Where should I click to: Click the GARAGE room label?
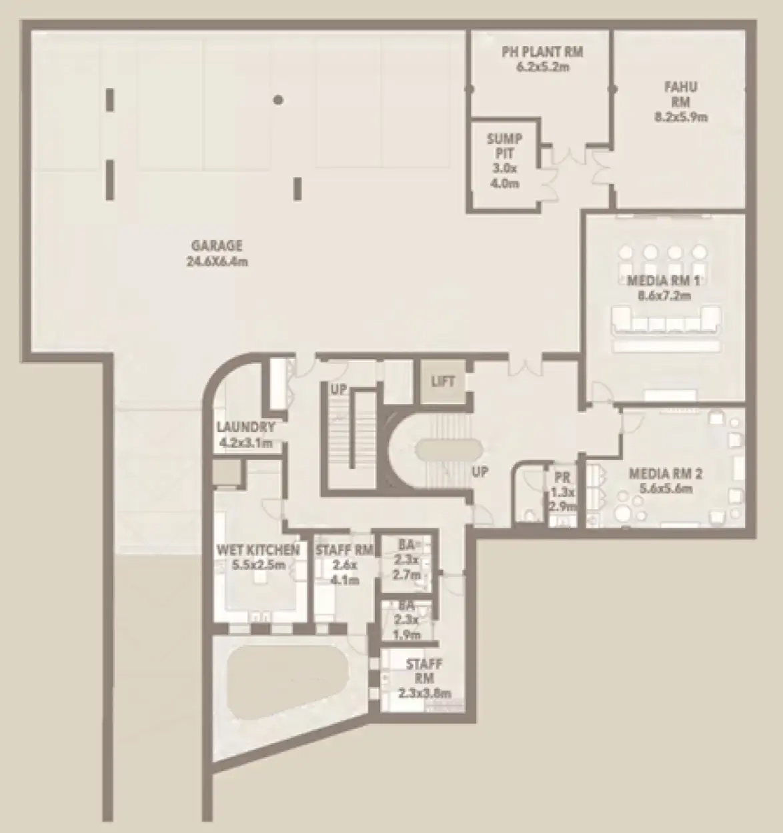(217, 246)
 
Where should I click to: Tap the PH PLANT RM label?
(543, 51)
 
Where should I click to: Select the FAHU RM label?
(680, 94)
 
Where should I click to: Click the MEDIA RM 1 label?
(658, 281)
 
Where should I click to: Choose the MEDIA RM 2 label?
(665, 474)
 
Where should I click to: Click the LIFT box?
(443, 381)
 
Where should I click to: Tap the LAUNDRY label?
(245, 428)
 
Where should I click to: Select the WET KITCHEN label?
(258, 551)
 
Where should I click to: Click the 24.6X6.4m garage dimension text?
(217, 261)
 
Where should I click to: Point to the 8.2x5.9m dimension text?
(680, 117)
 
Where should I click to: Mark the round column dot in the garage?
(279, 100)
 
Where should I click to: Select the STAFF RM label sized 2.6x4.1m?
(344, 551)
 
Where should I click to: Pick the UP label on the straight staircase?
(339, 389)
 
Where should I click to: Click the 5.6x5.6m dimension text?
(665, 489)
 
